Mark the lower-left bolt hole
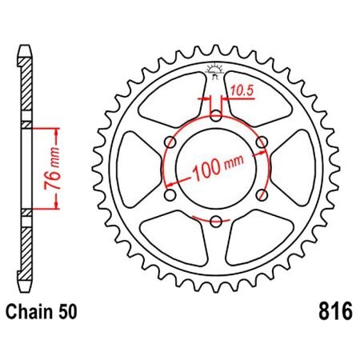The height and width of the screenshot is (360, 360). click(170, 195)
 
